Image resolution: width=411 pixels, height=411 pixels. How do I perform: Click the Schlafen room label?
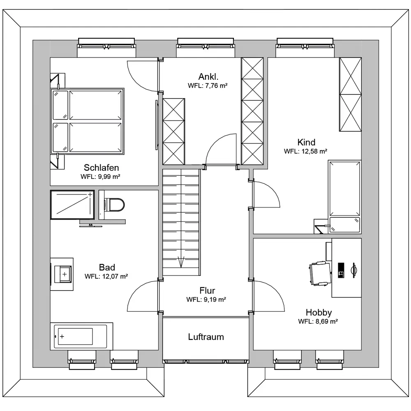pos(101,168)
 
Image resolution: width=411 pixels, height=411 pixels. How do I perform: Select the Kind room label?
pos(306,142)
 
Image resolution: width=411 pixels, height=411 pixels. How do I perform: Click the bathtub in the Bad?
pos(81,336)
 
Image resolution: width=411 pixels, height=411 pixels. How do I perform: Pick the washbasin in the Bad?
pos(63,274)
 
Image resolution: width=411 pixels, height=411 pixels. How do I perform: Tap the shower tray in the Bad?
pos(72,205)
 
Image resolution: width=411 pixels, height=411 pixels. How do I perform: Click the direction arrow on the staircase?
pos(181,261)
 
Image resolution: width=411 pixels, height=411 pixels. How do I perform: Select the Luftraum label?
pos(206,337)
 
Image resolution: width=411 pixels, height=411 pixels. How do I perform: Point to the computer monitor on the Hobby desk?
pos(353,270)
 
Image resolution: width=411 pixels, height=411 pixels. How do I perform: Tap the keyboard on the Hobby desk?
pos(341,270)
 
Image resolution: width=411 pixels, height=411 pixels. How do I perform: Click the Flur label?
pos(207,291)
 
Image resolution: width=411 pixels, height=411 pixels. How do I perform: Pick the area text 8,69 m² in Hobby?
pos(318,321)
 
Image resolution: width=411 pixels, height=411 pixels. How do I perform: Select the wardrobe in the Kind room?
pos(350,95)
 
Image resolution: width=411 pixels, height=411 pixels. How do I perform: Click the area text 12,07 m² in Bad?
pos(106,276)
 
